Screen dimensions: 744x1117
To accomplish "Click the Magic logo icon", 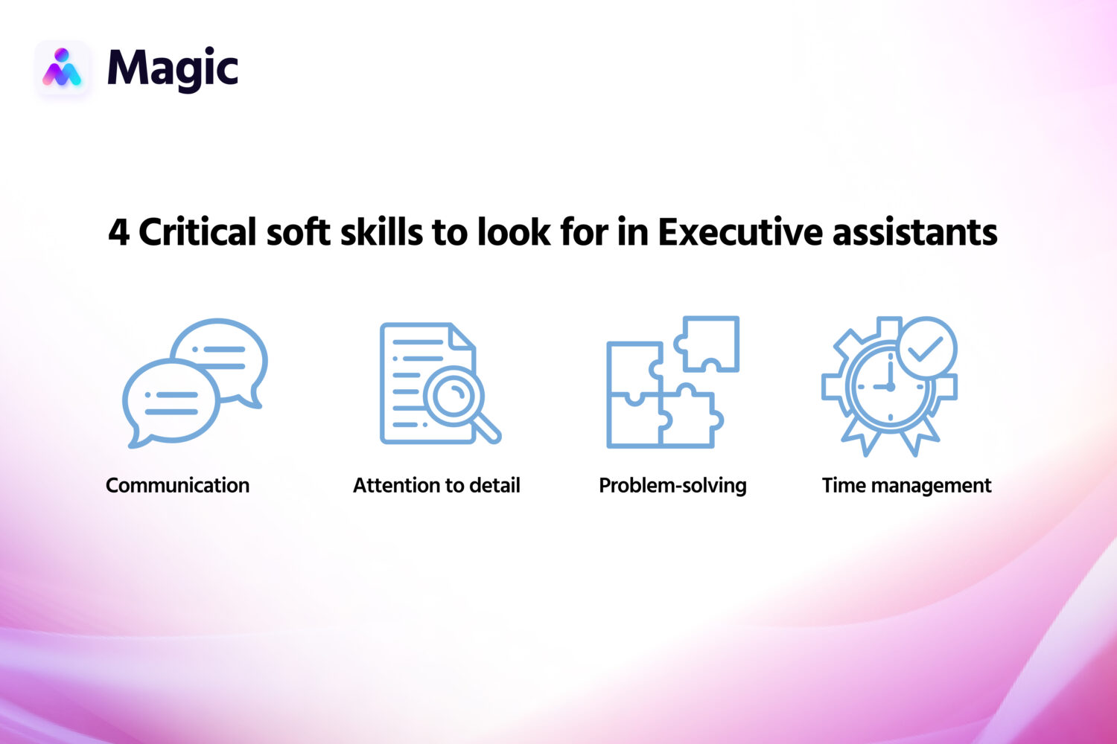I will [62, 68].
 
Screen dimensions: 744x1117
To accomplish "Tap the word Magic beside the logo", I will [172, 68].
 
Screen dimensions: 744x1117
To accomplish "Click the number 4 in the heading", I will [118, 232].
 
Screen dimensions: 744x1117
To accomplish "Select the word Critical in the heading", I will [197, 232].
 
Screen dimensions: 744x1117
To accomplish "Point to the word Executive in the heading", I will [740, 232].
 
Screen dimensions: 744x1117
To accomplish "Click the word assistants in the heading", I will [914, 232].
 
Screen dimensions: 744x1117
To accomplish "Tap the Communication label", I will [177, 485].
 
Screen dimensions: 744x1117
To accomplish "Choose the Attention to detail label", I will [436, 485].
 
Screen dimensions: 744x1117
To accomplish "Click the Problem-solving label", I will [672, 485].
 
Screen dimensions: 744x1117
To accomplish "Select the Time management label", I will [906, 485].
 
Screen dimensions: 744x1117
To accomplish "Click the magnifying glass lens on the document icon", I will [454, 394].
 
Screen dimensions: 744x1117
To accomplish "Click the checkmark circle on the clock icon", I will [926, 347].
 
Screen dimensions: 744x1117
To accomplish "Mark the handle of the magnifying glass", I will [488, 429].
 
